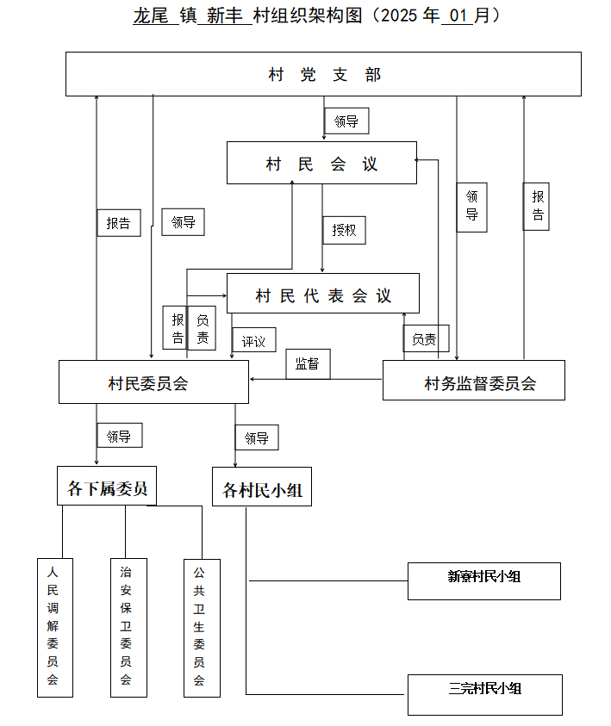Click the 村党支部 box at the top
tap(323, 74)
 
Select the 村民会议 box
tap(321, 163)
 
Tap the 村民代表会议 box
tap(323, 293)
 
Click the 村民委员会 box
tap(153, 382)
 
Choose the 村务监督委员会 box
tap(474, 380)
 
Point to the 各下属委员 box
tap(107, 486)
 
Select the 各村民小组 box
tap(262, 487)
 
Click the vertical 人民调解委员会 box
tap(55, 627)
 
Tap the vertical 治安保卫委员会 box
tap(128, 627)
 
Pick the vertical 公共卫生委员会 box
tap(202, 628)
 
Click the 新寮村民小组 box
tap(484, 581)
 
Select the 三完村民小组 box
tap(485, 694)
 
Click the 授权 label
tap(344, 230)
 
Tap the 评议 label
tap(254, 340)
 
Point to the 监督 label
tap(308, 364)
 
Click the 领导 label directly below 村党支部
tap(346, 121)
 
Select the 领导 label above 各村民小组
tap(257, 437)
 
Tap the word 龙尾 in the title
tap(151, 16)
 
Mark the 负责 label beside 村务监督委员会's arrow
tap(427, 339)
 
